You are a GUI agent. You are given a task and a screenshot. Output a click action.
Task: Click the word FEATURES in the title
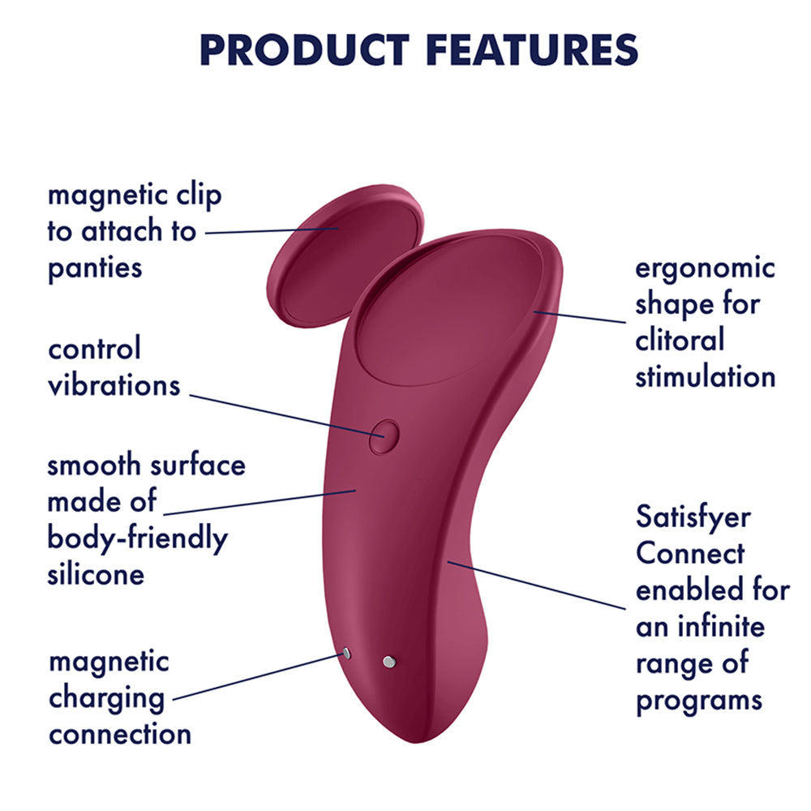[532, 49]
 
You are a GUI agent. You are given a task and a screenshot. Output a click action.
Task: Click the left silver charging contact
[346, 654]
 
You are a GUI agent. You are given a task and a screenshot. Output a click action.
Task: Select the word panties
[95, 268]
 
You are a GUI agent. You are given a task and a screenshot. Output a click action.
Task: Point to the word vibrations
[113, 384]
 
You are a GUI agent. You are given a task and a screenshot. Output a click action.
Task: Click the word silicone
[95, 574]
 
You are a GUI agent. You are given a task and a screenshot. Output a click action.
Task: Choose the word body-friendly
[137, 539]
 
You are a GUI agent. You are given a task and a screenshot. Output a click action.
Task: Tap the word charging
[106, 697]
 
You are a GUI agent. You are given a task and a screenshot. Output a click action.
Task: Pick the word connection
[119, 734]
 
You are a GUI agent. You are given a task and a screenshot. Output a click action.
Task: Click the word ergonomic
[705, 268]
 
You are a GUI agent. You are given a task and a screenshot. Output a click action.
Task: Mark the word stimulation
[705, 376]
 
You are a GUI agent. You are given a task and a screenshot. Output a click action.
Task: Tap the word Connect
[689, 553]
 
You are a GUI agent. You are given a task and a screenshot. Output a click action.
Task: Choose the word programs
[699, 698]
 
